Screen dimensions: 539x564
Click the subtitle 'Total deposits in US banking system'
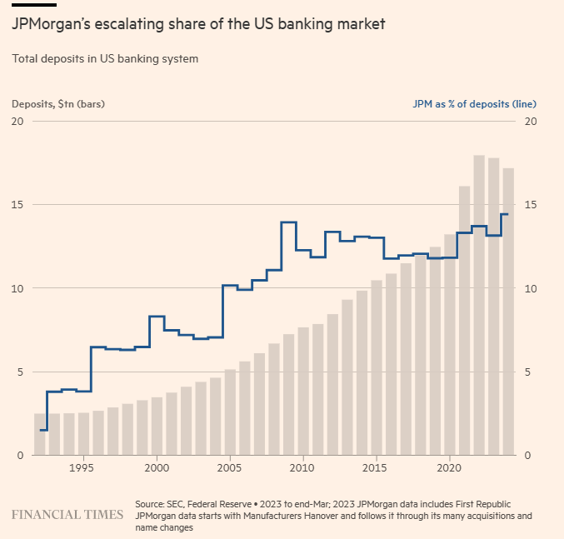tap(105, 59)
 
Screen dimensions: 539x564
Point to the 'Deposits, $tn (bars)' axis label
tap(58, 104)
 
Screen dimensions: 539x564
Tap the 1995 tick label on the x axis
tap(82, 469)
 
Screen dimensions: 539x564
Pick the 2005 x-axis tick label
tap(230, 469)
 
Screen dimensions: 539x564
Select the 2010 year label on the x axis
tap(303, 469)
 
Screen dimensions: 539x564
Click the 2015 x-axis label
tap(377, 469)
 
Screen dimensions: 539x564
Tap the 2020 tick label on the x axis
tap(450, 469)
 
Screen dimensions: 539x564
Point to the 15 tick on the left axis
tap(17, 205)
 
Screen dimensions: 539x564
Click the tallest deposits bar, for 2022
tap(479, 305)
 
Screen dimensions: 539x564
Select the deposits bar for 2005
tap(230, 412)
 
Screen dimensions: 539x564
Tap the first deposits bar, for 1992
tap(39, 434)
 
